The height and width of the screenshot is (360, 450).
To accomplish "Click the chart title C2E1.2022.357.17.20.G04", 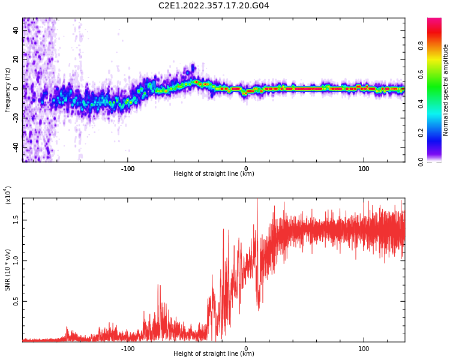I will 213,6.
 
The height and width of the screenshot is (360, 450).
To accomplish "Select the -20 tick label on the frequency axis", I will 16,117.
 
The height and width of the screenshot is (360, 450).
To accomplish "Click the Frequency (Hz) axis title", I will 7,90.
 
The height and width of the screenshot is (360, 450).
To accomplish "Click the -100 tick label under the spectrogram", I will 127,169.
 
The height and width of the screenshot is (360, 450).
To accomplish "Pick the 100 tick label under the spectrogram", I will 364,169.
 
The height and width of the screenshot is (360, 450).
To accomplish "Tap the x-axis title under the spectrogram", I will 214,174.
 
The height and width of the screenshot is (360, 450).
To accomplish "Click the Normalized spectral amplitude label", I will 446,90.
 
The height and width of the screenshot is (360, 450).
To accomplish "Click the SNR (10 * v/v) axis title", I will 7,270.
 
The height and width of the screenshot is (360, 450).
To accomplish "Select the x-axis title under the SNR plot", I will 214,354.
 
